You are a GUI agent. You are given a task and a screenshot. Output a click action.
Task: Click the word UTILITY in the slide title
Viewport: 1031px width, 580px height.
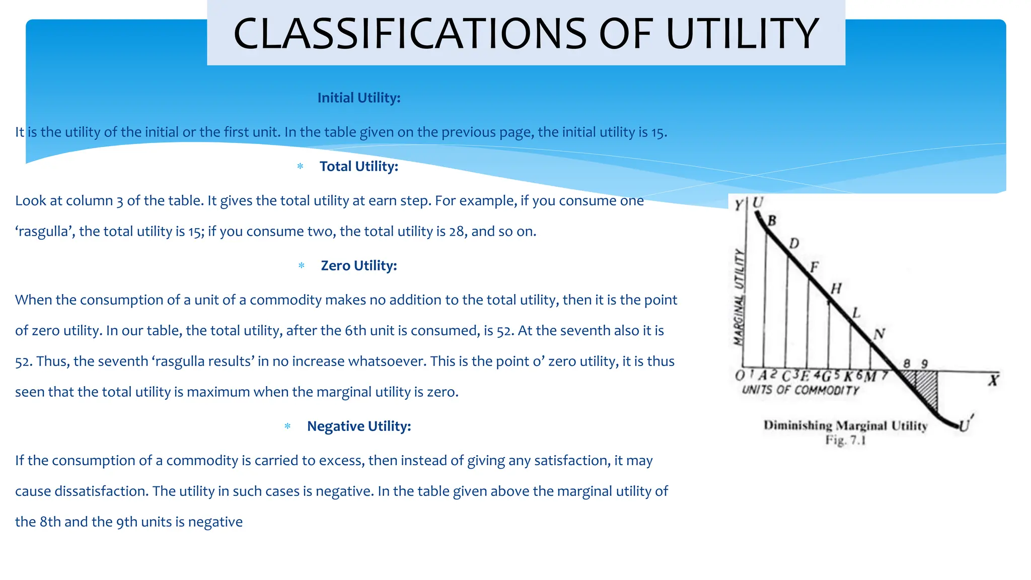[743, 34]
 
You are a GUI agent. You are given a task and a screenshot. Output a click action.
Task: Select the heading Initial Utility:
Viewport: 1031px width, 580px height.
[359, 98]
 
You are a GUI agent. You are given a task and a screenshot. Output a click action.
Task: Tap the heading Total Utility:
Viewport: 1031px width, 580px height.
[359, 166]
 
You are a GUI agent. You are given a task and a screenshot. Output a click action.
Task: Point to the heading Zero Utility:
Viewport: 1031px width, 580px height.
[359, 265]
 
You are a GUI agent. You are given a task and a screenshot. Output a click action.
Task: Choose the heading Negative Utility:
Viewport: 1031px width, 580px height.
[359, 426]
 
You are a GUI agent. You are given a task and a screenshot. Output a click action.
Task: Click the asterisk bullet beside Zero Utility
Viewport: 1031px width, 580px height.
[302, 265]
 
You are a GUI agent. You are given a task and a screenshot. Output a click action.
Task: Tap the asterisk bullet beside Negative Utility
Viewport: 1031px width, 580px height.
[287, 426]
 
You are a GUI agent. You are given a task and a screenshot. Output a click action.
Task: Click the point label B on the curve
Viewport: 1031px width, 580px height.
[772, 221]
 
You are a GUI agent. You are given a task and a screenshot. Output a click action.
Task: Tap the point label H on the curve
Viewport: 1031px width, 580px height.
[836, 288]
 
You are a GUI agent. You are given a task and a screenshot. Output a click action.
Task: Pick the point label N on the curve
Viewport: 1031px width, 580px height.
[879, 334]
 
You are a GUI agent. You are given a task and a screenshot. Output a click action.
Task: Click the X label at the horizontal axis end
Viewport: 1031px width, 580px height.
[993, 380]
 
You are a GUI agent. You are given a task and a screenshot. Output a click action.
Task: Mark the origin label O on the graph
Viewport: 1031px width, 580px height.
[740, 376]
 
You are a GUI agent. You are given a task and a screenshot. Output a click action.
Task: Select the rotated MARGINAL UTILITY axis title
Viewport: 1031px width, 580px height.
[739, 297]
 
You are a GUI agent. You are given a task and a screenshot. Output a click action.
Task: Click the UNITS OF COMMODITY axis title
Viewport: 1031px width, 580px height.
[800, 390]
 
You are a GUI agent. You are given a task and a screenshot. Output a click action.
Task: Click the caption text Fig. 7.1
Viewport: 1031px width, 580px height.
[845, 441]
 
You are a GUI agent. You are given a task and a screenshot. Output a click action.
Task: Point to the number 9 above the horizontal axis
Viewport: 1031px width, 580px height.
[924, 364]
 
